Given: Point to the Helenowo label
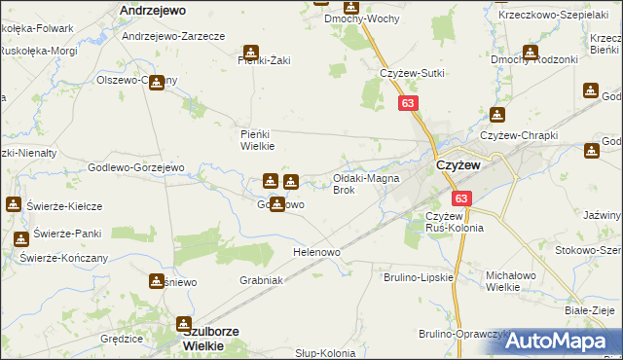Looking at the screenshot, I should coord(316,252).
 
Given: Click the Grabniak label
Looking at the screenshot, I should coord(261,280).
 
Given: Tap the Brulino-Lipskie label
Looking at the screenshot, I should coord(421,277).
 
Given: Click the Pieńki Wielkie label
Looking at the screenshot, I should coord(258,140).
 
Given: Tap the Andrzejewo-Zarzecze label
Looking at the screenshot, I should coord(174,35).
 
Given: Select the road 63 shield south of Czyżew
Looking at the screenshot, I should coord(461,198).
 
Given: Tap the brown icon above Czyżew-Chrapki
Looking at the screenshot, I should coord(498,115).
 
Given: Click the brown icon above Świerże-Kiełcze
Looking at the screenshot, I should coord(14,204).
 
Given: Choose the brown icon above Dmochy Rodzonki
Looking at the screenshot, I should coord(531,53).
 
